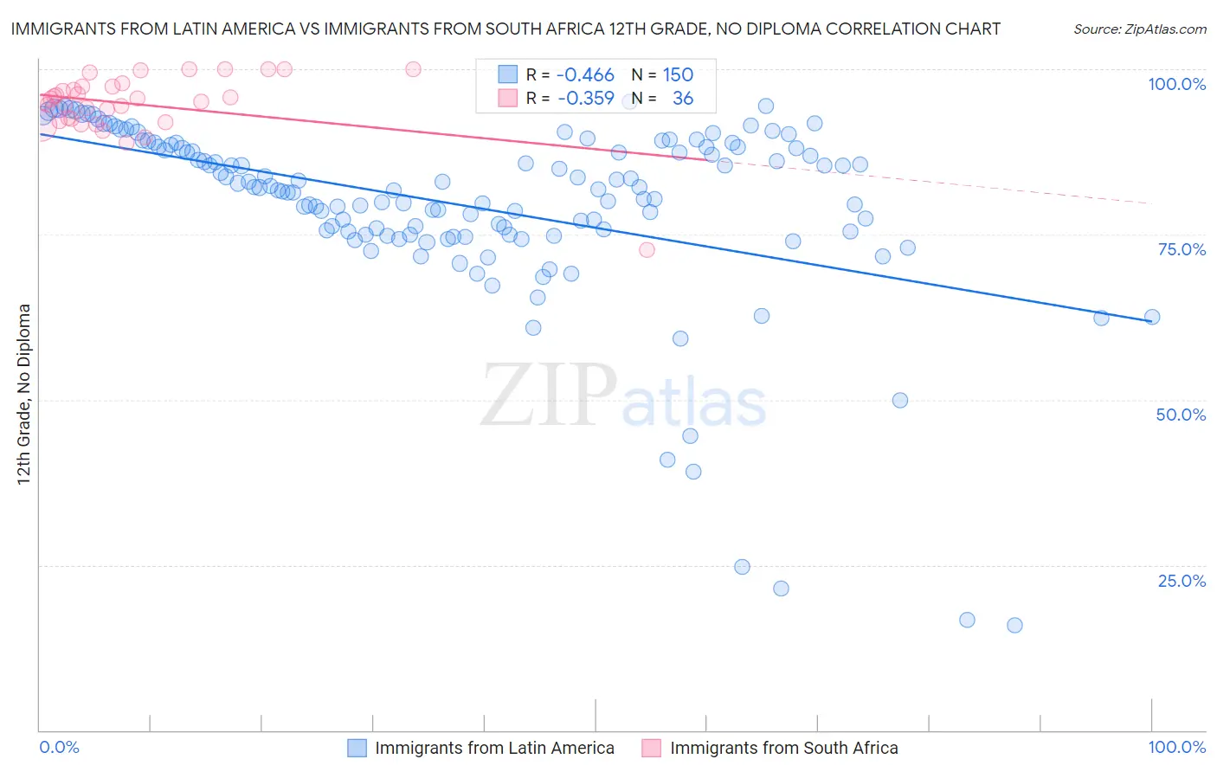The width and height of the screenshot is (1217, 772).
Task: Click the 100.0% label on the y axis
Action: tap(1176, 84)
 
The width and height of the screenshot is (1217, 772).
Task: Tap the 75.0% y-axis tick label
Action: tap(1182, 249)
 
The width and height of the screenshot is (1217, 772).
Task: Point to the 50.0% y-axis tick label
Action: tap(1181, 415)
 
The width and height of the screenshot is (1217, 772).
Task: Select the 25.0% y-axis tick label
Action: tap(1182, 581)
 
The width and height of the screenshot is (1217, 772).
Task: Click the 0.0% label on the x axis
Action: tap(59, 747)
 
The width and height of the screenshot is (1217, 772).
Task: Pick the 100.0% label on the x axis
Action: tap(1176, 747)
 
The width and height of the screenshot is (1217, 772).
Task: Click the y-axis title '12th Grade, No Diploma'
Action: tap(24, 394)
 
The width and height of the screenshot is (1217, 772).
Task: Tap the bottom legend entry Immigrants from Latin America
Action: tap(494, 748)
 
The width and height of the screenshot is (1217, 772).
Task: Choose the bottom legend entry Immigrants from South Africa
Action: tap(783, 748)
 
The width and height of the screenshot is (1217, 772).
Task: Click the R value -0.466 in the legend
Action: tap(585, 75)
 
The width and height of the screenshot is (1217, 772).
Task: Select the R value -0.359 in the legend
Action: tap(585, 99)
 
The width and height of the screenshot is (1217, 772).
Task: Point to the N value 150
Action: tap(678, 75)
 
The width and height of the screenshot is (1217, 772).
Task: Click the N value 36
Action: tap(683, 99)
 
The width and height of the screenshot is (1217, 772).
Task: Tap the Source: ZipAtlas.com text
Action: tap(1139, 29)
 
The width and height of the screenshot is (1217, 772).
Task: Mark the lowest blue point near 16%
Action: tap(1014, 625)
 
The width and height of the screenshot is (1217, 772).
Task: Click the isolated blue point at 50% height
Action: tap(899, 400)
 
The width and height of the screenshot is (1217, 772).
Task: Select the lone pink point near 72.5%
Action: tap(647, 250)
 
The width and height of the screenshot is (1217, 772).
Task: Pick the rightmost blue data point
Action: tap(1152, 317)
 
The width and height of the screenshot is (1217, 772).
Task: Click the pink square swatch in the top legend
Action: tap(507, 99)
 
